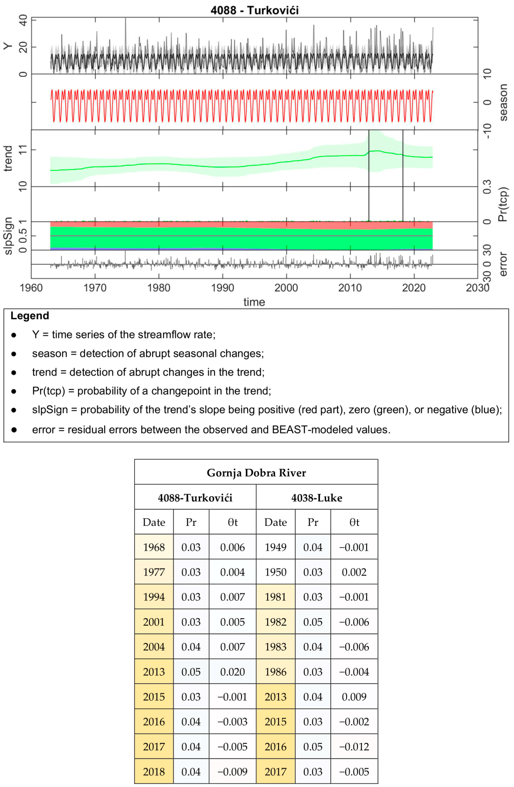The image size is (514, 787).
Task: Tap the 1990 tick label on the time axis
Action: point(222,288)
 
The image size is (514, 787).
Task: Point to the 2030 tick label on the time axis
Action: point(477,288)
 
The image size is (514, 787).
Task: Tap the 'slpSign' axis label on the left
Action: point(8,236)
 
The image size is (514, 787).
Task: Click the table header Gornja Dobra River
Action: point(256,472)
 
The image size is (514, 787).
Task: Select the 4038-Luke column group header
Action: point(317,498)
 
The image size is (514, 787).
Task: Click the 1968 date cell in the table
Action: point(154,547)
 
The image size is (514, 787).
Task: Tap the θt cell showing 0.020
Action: point(232,672)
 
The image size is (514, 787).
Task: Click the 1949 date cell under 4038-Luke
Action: point(275,547)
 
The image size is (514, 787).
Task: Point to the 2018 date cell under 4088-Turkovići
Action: point(154,771)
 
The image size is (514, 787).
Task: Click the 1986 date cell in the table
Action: point(275,672)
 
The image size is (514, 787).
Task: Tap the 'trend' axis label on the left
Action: point(8,159)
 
